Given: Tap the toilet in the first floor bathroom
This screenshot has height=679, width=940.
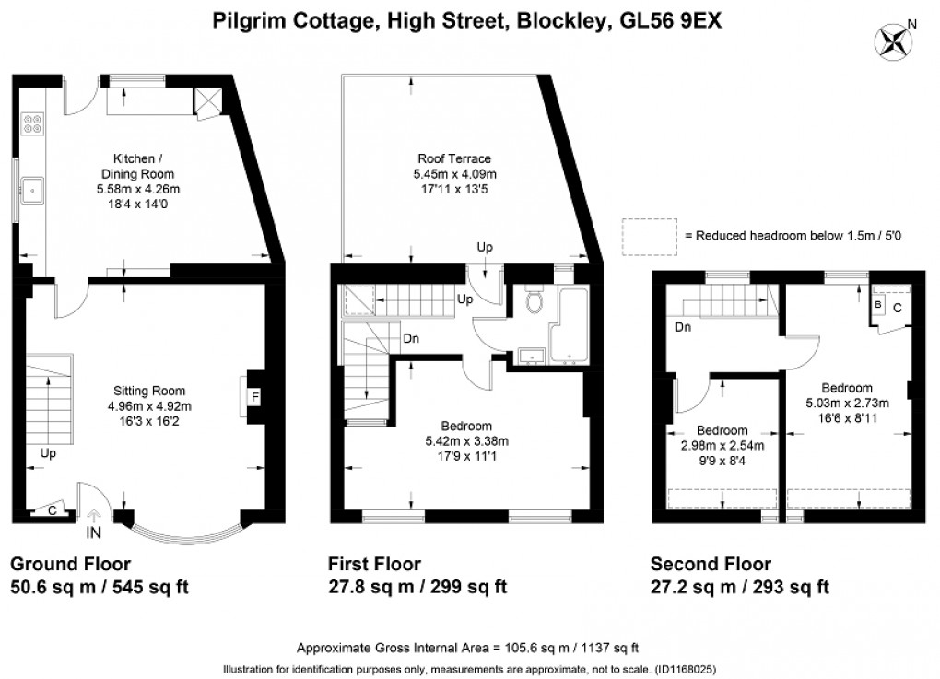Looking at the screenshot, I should click(532, 303).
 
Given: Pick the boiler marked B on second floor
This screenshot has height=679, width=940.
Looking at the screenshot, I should click(877, 304).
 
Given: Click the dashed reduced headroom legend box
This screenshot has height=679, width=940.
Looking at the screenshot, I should click(649, 235).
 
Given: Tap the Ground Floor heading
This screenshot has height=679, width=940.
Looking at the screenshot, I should click(70, 564).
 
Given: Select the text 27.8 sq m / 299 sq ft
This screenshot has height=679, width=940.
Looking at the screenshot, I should click(417, 586).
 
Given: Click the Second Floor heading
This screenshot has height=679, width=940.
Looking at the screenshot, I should click(711, 564).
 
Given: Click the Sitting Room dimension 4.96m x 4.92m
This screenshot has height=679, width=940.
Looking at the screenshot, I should click(148, 406).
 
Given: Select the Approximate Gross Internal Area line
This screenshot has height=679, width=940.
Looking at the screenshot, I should click(471, 648).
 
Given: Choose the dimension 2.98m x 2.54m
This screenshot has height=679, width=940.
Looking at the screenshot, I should click(722, 445).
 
